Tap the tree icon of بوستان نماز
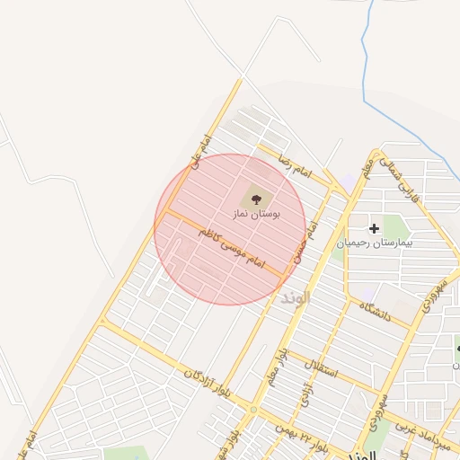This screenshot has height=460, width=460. tap(258, 198)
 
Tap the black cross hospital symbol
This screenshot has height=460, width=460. tap(374, 229)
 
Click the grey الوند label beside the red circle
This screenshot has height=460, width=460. tap(295, 297)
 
